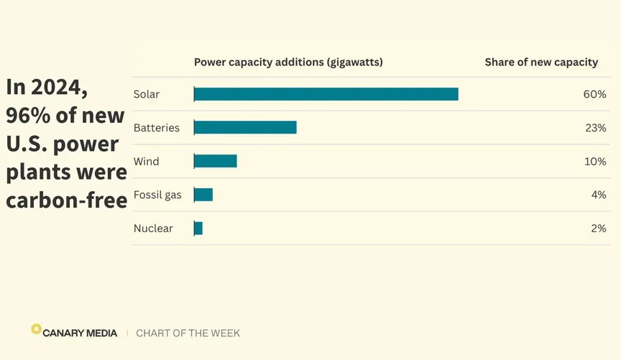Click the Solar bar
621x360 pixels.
326,94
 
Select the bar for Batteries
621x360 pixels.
245,128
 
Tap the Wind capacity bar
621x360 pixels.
215,161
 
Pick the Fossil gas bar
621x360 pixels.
203,195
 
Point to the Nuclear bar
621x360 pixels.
198,229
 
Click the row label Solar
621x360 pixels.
147,94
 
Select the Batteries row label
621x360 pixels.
156,128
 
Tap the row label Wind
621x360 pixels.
146,162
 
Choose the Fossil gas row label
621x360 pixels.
157,195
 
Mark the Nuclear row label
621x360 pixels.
153,229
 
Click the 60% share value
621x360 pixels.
594,94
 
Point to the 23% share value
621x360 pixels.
594,128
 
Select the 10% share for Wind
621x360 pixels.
594,162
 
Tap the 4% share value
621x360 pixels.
598,195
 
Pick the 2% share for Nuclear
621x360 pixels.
598,229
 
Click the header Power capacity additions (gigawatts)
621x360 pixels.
288,63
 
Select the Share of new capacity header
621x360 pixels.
541,63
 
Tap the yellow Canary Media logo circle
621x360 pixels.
36,329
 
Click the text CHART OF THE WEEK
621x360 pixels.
188,333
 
